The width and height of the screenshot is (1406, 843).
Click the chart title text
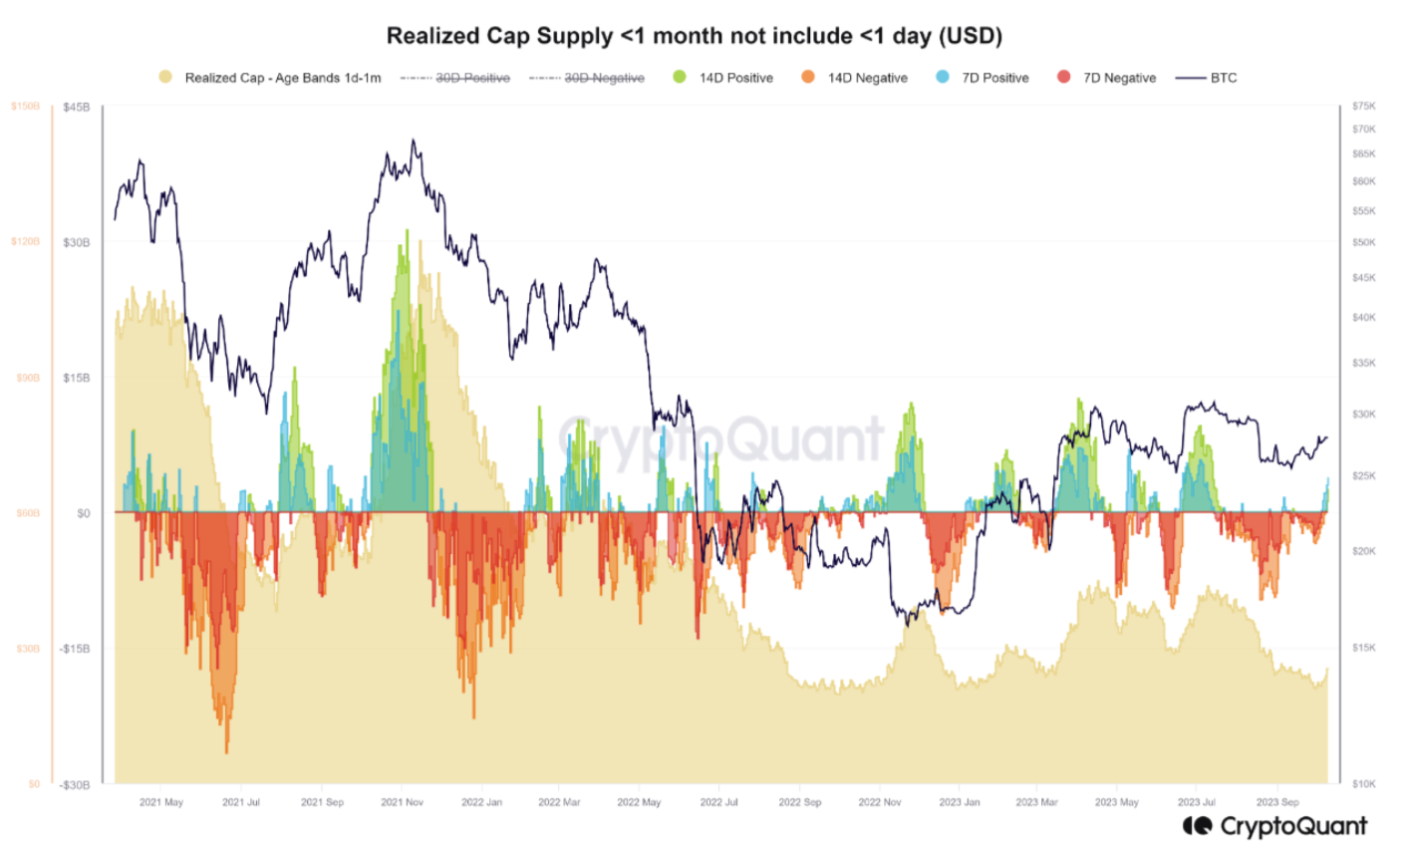click(x=694, y=36)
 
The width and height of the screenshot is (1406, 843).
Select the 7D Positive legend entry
click(x=994, y=78)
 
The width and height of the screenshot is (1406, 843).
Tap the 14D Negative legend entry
click(x=867, y=78)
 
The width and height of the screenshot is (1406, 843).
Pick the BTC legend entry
click(x=1223, y=78)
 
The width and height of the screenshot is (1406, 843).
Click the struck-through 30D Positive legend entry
click(x=471, y=78)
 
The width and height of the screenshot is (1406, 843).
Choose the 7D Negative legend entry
click(x=1119, y=78)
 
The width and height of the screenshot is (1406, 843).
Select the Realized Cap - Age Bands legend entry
click(x=282, y=78)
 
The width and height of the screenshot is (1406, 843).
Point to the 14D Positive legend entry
click(x=735, y=78)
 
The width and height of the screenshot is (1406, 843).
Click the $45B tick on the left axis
click(x=76, y=107)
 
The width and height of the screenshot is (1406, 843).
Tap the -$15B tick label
click(x=74, y=649)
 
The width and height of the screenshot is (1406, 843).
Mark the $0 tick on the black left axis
click(x=84, y=513)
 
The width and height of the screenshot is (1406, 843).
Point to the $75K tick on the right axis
click(x=1364, y=106)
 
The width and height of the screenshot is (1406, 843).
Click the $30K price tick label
click(x=1364, y=415)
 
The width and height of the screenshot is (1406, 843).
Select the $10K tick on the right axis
click(x=1364, y=784)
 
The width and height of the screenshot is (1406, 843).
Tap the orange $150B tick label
click(x=26, y=106)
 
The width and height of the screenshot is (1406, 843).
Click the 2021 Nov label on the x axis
click(x=402, y=802)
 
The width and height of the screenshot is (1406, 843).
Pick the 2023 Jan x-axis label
click(x=959, y=802)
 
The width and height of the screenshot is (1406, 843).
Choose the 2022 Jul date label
click(x=718, y=802)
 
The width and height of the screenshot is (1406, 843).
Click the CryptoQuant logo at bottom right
click(x=1274, y=826)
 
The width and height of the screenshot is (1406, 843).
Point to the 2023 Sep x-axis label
click(x=1277, y=802)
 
